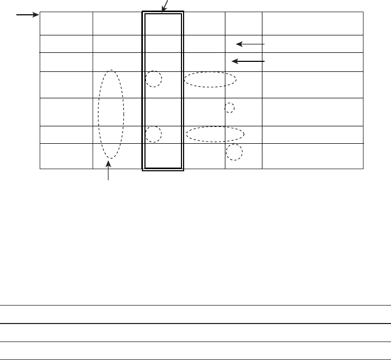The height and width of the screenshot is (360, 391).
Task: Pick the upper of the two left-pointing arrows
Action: pyautogui.click(x=250, y=44)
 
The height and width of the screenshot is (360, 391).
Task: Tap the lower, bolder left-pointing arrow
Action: pyautogui.click(x=248, y=61)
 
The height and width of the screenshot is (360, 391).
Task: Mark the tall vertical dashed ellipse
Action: pyautogui.click(x=111, y=114)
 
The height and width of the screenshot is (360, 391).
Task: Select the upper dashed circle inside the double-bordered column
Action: pyautogui.click(x=153, y=79)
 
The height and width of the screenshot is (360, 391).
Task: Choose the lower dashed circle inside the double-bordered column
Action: pyautogui.click(x=153, y=134)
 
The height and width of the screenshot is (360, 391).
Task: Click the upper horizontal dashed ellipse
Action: pyautogui.click(x=210, y=79)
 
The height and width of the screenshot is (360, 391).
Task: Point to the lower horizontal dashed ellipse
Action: pyautogui.click(x=215, y=134)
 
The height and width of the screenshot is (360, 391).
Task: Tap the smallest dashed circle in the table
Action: pyautogui.click(x=230, y=108)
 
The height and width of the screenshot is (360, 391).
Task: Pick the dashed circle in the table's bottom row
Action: pyautogui.click(x=234, y=152)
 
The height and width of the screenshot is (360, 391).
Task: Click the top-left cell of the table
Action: pyautogui.click(x=66, y=23)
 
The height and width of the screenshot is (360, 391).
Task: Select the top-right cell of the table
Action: pyautogui.click(x=313, y=23)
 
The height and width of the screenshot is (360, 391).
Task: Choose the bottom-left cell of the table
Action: pyautogui.click(x=66, y=156)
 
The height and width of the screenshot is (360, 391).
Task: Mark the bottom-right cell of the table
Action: pyautogui.click(x=313, y=156)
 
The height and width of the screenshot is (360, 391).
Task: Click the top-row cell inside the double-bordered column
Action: pyautogui.click(x=163, y=24)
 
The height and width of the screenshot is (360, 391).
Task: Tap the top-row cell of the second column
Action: pyautogui.click(x=117, y=23)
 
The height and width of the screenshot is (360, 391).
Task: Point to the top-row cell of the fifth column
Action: pyautogui.click(x=243, y=23)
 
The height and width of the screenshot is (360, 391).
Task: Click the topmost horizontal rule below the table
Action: pyautogui.click(x=195, y=305)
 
